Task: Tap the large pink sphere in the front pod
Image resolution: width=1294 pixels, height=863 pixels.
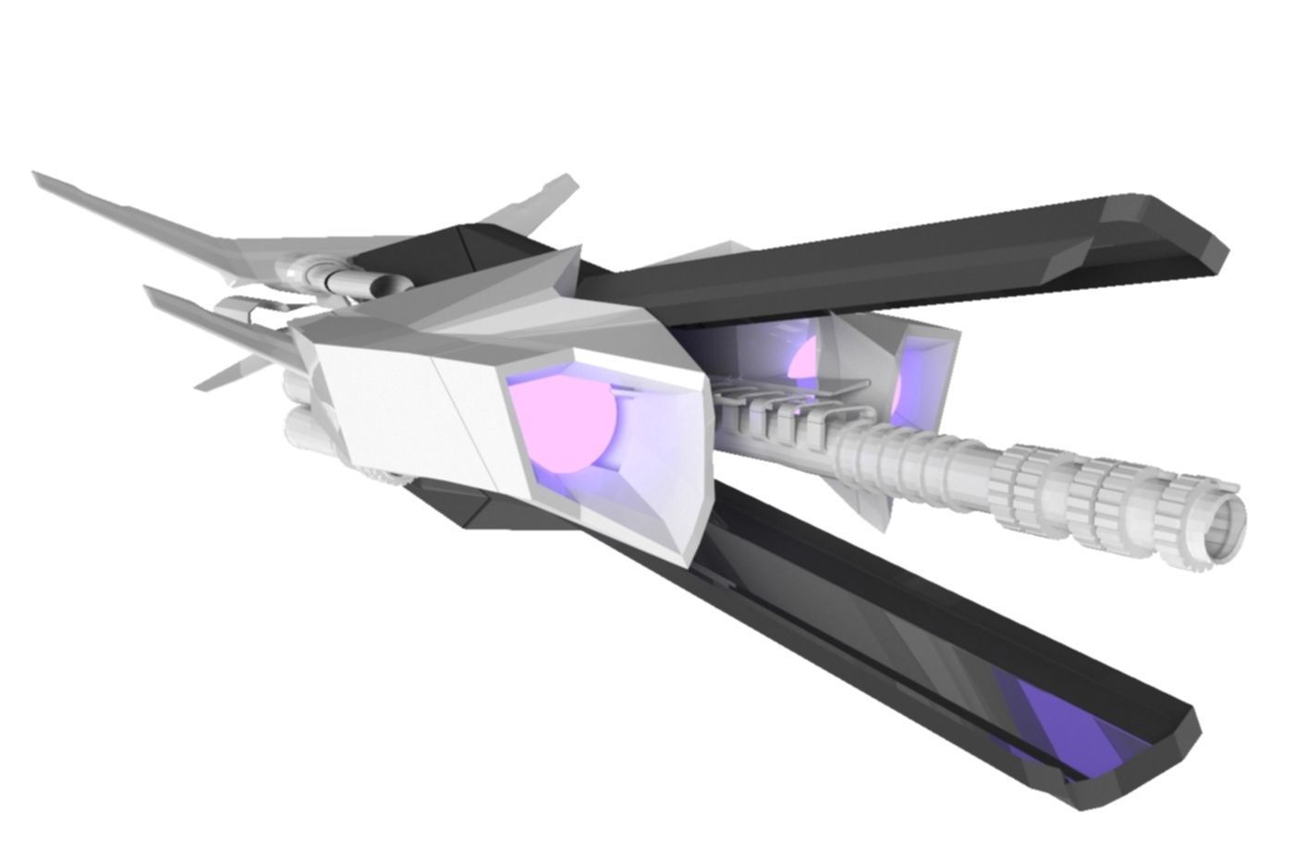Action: [566, 427]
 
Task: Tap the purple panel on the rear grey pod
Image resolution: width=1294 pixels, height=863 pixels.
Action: [924, 370]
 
